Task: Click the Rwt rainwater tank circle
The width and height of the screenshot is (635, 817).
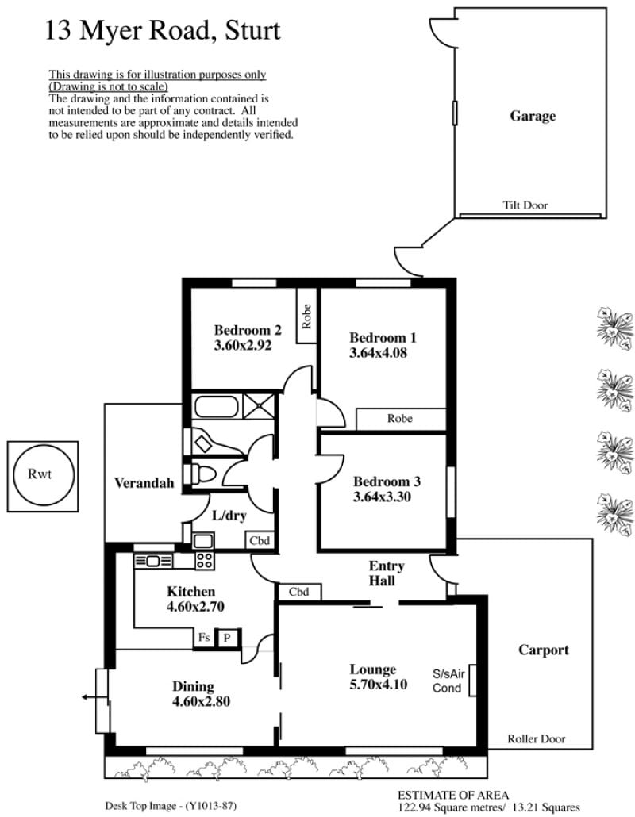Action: [13, 475]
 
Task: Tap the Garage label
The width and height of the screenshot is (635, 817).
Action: [533, 116]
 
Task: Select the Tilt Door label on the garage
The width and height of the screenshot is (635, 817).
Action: [525, 205]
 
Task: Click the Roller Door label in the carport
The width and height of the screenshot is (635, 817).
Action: [537, 738]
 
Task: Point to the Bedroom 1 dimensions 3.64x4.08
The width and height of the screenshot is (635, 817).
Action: [378, 353]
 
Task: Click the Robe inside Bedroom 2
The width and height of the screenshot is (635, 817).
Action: [306, 316]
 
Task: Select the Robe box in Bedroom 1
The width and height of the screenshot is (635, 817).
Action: [401, 419]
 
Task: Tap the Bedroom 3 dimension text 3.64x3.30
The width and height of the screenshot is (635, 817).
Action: [382, 497]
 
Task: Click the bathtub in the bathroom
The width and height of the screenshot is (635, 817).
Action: [217, 406]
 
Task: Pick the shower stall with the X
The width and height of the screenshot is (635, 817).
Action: [259, 406]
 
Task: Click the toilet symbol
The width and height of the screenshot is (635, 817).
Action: [203, 474]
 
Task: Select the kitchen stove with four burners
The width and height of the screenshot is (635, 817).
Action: [204, 561]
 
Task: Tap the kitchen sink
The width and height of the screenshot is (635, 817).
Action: [153, 561]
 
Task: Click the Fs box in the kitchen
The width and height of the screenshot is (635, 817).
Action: [204, 638]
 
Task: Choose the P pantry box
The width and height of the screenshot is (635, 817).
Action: [227, 638]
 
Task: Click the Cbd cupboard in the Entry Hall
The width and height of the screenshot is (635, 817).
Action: [298, 592]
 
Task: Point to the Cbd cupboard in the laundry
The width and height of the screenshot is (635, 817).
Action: [260, 540]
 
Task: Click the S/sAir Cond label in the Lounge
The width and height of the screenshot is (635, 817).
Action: [448, 681]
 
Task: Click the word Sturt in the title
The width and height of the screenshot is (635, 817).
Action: [252, 31]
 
